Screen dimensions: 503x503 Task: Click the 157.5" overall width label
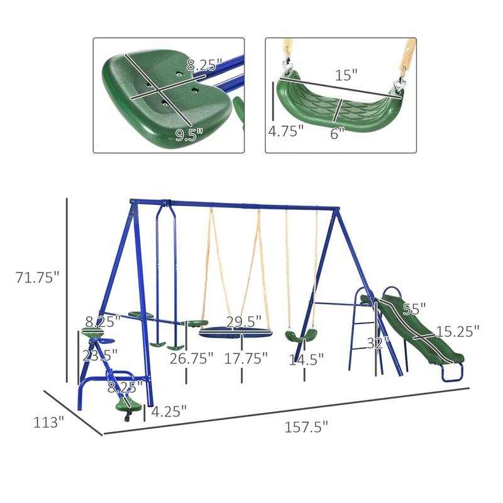[x=307, y=427]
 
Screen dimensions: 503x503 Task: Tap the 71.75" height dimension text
[x=37, y=277]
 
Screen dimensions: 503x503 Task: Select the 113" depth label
[x=48, y=423]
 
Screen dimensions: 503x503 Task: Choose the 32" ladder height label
[x=379, y=343]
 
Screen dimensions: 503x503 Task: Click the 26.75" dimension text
[x=191, y=359]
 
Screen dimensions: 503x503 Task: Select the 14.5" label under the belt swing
[x=306, y=360]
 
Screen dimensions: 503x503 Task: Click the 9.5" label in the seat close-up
[x=190, y=135]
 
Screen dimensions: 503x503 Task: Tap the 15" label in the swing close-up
[x=345, y=75]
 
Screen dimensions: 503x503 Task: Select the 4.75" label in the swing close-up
[x=285, y=131]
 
